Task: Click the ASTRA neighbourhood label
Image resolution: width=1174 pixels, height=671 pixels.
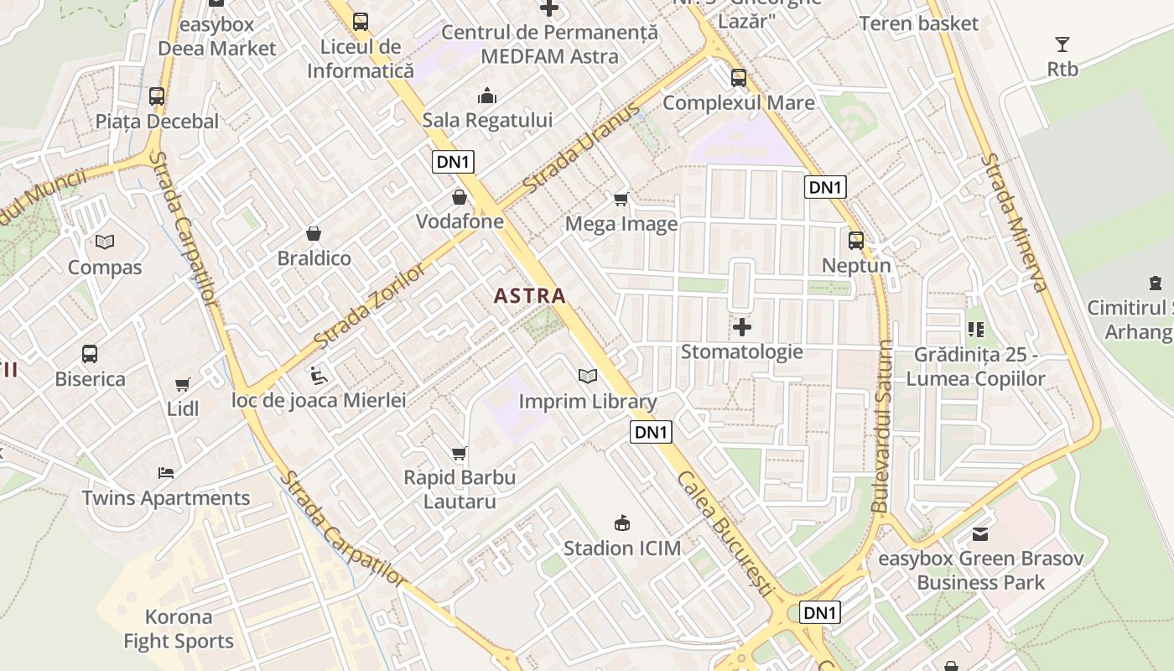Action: click(529, 295)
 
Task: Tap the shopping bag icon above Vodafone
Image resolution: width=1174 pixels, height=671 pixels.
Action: click(460, 198)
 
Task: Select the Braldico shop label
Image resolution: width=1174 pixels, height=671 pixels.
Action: click(314, 257)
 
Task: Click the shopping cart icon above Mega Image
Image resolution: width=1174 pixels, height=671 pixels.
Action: click(621, 199)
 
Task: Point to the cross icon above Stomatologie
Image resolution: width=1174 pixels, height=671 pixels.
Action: click(742, 326)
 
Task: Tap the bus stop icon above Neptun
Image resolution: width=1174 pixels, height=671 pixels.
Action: click(856, 241)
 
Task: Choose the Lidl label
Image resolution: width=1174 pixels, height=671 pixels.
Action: click(183, 408)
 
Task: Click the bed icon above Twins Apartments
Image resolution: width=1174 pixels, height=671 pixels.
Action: click(166, 473)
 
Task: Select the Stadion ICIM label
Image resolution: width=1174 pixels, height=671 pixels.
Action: click(622, 549)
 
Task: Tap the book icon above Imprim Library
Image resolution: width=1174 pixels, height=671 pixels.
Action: click(588, 377)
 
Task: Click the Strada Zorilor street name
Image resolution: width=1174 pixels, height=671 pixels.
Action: click(370, 306)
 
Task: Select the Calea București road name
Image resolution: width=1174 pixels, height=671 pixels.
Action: click(725, 533)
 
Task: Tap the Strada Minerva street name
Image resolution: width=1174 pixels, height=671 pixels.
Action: click(1016, 222)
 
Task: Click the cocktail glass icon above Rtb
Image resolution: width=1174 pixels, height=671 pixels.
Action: click(1062, 44)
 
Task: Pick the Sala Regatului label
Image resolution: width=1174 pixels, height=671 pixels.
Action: click(487, 120)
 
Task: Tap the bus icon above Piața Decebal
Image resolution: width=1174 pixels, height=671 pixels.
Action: click(157, 96)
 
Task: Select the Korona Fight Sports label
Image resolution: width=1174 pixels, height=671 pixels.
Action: click(179, 629)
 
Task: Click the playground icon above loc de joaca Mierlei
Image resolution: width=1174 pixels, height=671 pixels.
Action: click(319, 375)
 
